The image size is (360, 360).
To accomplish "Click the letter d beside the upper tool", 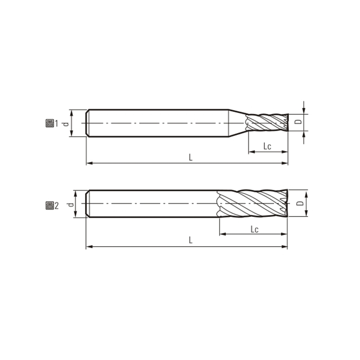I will coord(66,123).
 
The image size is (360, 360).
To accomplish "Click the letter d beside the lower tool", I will coord(70,204).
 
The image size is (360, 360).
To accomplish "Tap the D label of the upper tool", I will coord(297,122).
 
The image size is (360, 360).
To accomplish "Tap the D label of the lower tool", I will coord(299,204).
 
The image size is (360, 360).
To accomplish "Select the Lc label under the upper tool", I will coord(267,146).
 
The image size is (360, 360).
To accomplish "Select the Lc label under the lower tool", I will coord(254,229).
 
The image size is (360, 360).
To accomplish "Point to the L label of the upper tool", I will coord(191,157).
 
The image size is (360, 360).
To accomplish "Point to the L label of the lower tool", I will coord(191,241).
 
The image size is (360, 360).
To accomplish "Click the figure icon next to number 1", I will coord(49,123).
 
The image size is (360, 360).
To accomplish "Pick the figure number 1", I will coord(56,123).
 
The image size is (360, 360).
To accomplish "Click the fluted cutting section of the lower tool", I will coord(252,204).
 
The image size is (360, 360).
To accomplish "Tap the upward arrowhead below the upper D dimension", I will coord(305,135).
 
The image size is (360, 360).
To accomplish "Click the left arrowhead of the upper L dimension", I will coord(89,163).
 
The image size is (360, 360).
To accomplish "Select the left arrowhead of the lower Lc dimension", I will coord(222,234).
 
